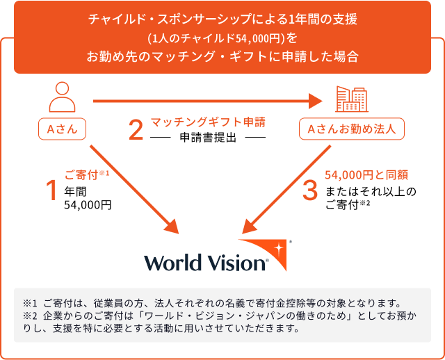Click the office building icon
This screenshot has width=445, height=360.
coord(352,99)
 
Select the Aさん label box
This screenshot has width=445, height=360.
coord(62,129)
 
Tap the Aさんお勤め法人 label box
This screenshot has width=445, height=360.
coord(352,129)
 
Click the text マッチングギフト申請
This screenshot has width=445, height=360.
coord(208,122)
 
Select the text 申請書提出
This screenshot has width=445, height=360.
coord(208,137)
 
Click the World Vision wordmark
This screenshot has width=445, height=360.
coord(206,263)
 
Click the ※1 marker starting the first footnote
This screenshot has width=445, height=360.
coord(30,303)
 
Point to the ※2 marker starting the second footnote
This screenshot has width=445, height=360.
coord(30,316)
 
